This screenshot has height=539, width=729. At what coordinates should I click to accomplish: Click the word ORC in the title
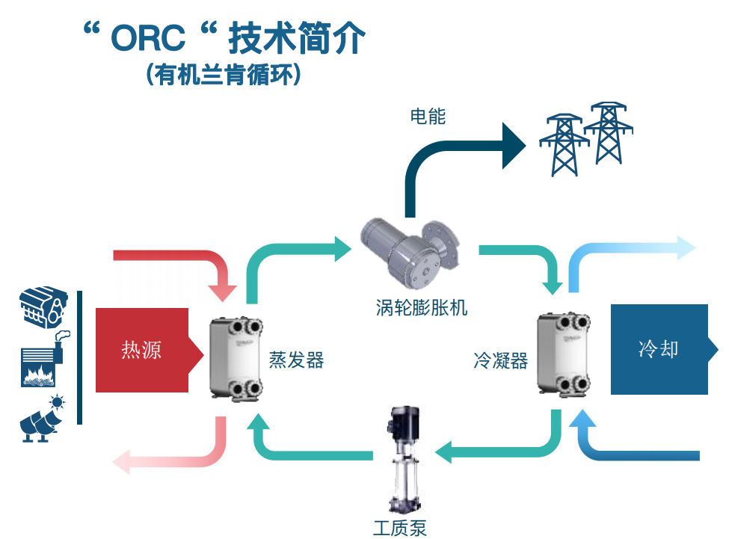coord(147,40)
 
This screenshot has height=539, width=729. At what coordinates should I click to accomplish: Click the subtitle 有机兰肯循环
coord(224,75)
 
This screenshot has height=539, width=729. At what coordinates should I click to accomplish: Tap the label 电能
coord(428,117)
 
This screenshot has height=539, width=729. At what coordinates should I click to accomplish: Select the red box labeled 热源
coord(142,350)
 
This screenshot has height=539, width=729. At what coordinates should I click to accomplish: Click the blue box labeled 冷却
coord(659,349)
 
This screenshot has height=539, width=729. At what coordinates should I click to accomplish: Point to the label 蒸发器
coord(296,360)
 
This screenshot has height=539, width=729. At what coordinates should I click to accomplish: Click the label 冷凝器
coord(500,362)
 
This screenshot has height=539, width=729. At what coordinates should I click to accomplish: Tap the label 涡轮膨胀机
coord(421,307)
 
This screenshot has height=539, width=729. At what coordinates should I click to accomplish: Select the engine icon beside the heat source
coord(42,309)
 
